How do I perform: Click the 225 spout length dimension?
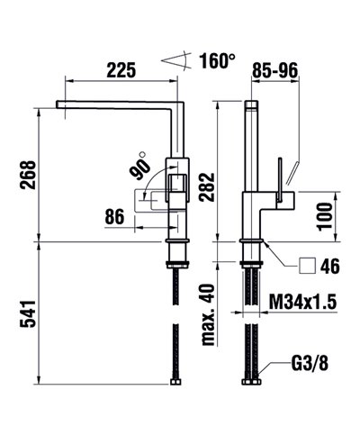click(121, 69)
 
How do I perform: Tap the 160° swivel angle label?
click(217, 62)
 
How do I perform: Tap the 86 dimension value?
click(114, 216)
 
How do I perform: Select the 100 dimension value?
click(325, 213)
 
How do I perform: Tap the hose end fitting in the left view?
click(176, 382)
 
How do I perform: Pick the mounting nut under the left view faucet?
click(176, 261)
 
